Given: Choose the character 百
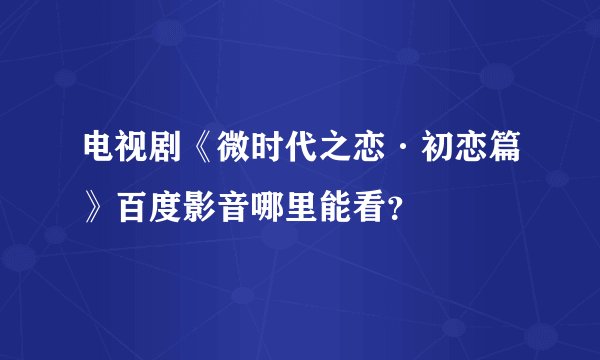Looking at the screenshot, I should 133,209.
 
